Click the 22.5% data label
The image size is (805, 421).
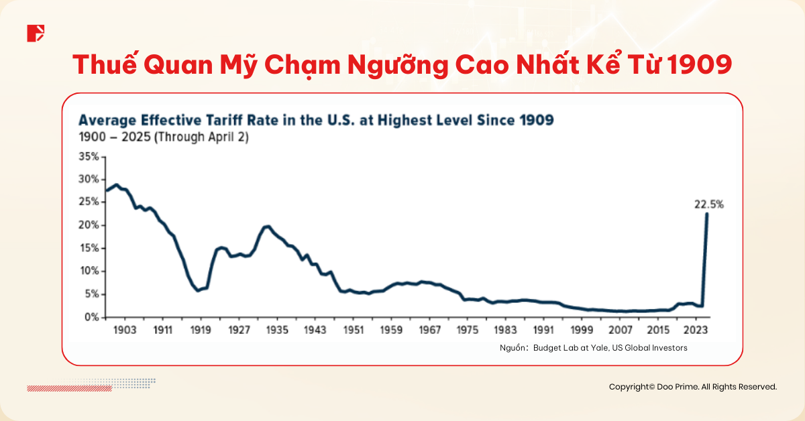[708, 205]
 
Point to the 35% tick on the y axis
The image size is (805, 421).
[89, 156]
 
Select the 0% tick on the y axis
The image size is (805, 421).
[92, 317]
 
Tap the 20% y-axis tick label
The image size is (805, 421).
[89, 225]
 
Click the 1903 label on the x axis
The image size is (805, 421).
[125, 330]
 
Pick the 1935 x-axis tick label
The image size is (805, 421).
[276, 330]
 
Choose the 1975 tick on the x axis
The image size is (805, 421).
[466, 330]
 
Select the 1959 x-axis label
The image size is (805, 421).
[390, 330]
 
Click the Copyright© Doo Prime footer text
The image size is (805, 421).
[692, 387]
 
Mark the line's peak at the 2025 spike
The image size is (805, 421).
[707, 215]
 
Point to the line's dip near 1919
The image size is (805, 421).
[197, 290]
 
